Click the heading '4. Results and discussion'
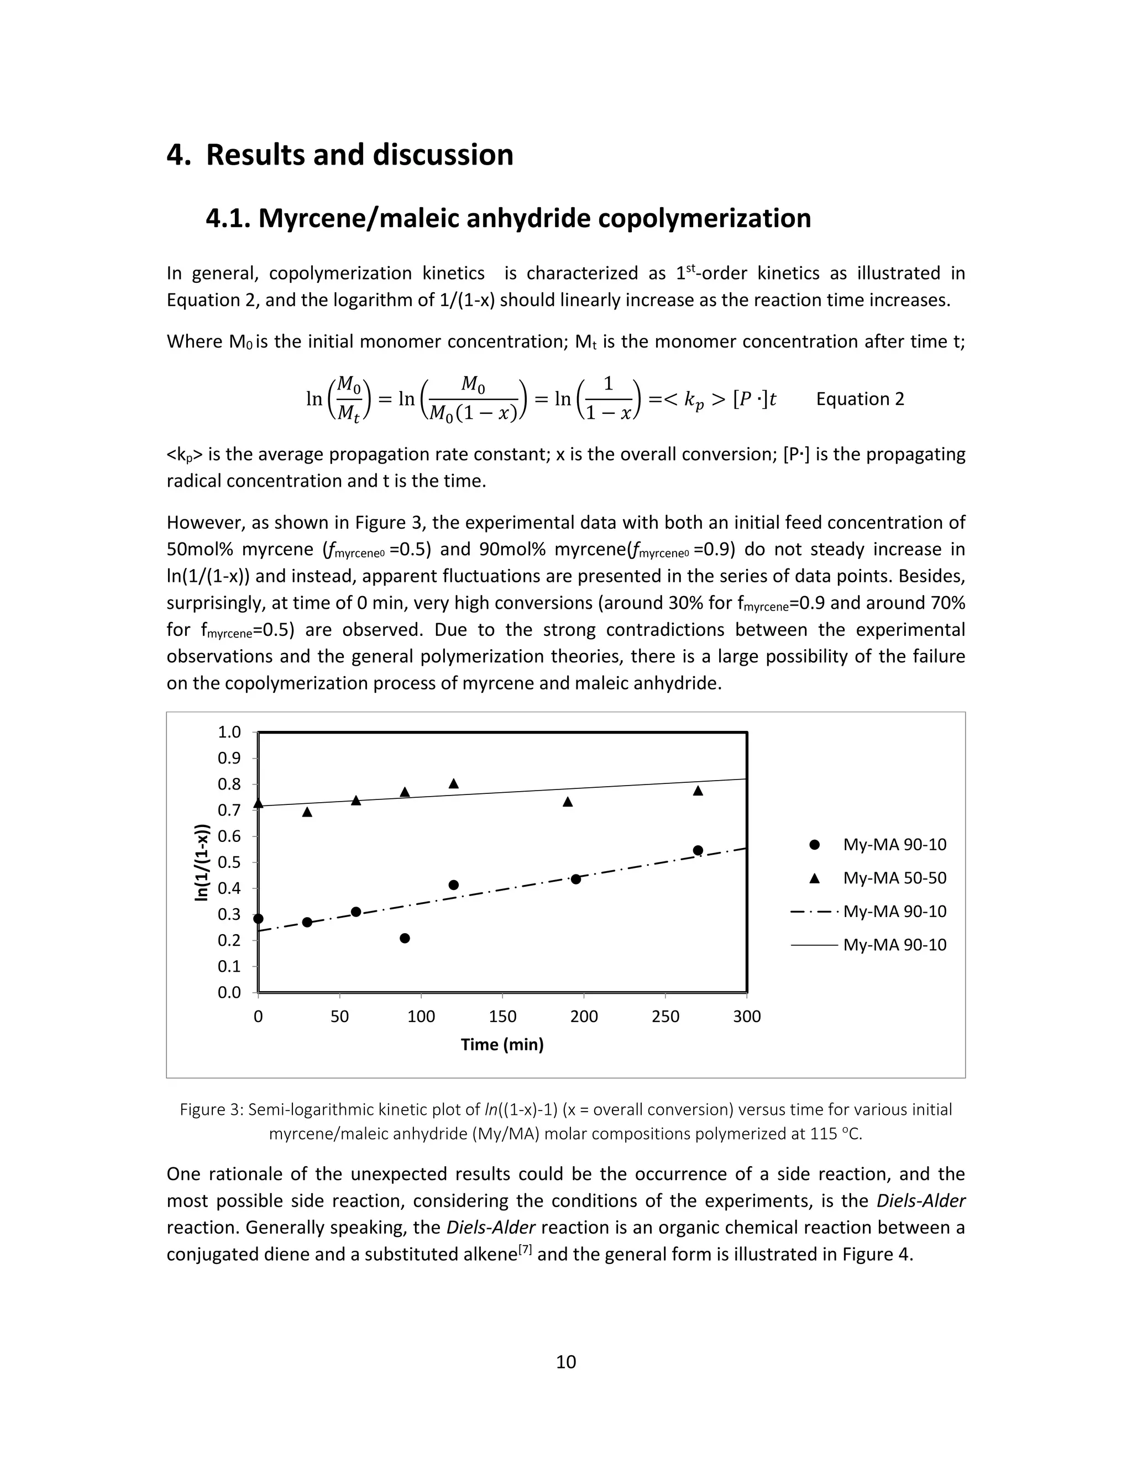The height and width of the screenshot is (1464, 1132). [x=339, y=155]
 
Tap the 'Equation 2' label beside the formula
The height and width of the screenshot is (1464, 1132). [x=860, y=399]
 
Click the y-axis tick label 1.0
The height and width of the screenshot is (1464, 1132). [x=229, y=732]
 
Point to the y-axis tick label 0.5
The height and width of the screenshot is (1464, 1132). [x=229, y=862]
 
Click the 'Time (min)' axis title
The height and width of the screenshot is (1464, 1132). [x=502, y=1044]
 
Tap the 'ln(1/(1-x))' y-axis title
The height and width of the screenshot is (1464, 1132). [x=201, y=862]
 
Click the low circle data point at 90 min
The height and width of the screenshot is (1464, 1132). [x=405, y=939]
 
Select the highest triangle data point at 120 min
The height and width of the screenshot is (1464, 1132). [x=453, y=783]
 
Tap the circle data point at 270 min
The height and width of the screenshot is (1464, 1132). [x=698, y=851]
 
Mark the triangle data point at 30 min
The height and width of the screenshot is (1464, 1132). [x=307, y=812]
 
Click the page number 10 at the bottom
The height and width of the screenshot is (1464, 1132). [x=566, y=1361]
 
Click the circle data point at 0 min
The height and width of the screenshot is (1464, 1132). [x=258, y=919]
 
